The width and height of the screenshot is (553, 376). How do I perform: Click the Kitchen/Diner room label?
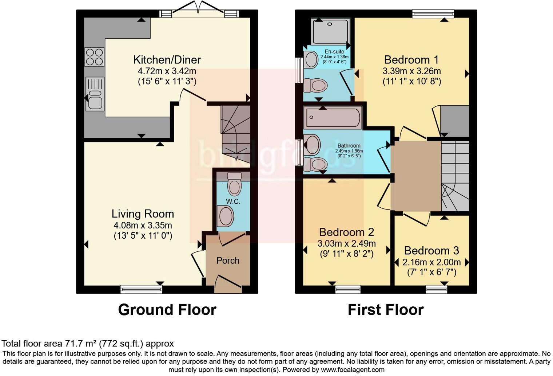coord(167,59)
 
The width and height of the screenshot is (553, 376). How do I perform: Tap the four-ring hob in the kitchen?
coord(94,57)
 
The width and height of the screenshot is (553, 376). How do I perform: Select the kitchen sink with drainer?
coord(95,94)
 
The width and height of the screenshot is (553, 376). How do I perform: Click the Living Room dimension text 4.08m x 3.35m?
coord(143,225)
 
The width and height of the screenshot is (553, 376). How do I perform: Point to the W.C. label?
coord(233,201)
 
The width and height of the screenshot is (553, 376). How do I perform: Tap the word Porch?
coord(228,261)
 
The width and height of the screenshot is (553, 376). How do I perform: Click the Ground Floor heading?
coord(167,310)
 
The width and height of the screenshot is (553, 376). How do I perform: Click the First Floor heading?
coord(386,310)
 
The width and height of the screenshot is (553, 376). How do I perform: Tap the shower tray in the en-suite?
coord(330,31)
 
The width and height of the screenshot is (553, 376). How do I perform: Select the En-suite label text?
coord(334,52)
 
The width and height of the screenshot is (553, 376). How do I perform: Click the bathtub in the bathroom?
coord(333,117)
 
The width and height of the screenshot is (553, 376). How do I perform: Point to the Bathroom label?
coord(349,145)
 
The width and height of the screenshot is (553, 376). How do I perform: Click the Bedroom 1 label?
coord(411,59)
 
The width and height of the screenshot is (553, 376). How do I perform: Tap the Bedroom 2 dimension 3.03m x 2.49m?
coord(346,243)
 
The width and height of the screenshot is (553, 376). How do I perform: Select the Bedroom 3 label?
coord(431,251)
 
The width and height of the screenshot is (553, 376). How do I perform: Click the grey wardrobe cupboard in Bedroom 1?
coord(454,121)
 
